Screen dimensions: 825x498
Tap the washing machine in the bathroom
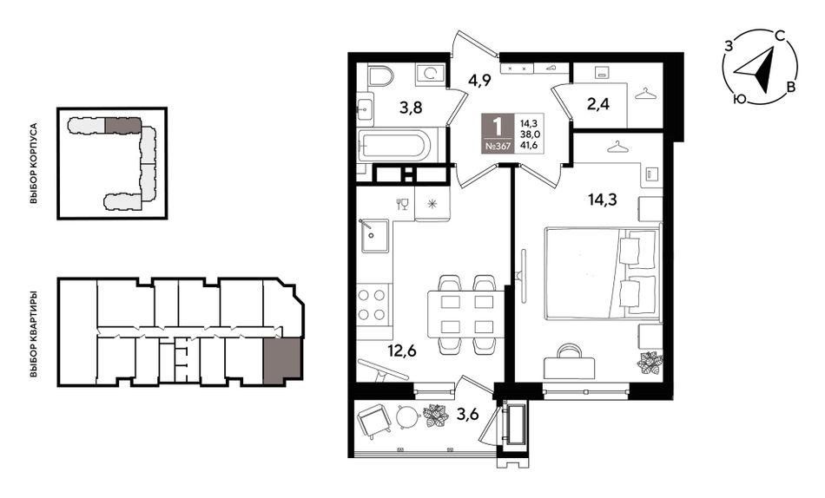pos(430,75)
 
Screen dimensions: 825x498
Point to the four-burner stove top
pos(373,305)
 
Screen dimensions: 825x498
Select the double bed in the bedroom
pos(603,273)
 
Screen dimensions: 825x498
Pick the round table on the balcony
pos(408,418)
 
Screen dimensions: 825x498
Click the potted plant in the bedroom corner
pos(650,364)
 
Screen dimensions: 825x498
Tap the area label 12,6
pos(402,350)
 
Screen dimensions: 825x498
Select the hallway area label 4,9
pos(480,82)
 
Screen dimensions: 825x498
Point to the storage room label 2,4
pos(598,104)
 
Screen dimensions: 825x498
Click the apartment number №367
pos(498,147)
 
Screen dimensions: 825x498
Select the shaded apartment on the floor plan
pos(282,358)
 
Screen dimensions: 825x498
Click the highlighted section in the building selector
pos(123,125)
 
